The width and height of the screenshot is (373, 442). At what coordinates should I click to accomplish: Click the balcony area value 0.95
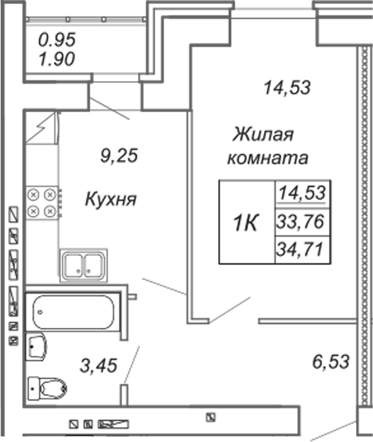coord(57,40)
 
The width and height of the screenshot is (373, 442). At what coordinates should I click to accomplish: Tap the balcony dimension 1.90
coord(57,59)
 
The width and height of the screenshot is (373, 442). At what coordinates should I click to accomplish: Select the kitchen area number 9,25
coord(119,156)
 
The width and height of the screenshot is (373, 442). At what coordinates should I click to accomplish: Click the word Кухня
coord(111,199)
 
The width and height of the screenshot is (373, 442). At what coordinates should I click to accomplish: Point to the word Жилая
coord(263,134)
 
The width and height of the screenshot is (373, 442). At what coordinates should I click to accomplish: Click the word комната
coord(268,158)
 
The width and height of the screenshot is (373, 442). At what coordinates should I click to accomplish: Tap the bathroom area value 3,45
coord(98,366)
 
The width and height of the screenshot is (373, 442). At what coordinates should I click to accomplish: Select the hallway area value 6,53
coord(331,362)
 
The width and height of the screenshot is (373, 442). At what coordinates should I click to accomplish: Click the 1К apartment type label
coord(245,223)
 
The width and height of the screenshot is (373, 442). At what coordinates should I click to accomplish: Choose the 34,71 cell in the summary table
coord(300,250)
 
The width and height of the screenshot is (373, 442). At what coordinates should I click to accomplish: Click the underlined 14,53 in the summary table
coord(302,193)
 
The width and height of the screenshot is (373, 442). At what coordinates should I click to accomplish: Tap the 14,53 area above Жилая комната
coord(287,87)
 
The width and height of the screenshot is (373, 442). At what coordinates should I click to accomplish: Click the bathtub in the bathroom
coord(73,312)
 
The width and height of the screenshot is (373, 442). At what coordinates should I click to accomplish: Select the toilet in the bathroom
coord(47,388)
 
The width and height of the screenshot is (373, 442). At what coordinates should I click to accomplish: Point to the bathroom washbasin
coord(36,347)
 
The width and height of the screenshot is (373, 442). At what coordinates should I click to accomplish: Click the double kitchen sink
coord(83,265)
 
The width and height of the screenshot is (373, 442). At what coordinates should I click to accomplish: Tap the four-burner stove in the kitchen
coord(42,203)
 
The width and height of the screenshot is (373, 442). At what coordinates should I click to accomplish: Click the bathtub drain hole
coord(40,312)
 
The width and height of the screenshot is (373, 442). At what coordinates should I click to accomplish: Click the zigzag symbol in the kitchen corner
coord(41,128)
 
